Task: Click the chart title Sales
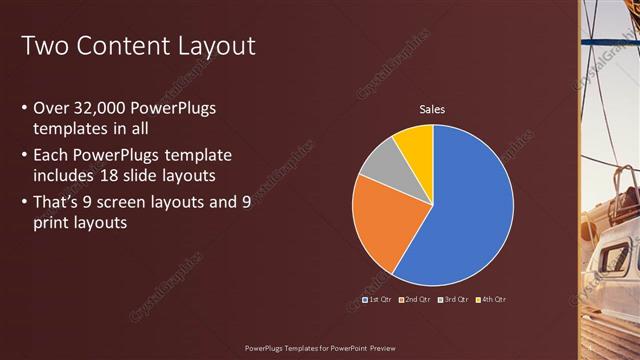tap(432, 109)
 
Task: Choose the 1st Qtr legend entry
tap(378, 299)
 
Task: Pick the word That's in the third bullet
tap(60, 202)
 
